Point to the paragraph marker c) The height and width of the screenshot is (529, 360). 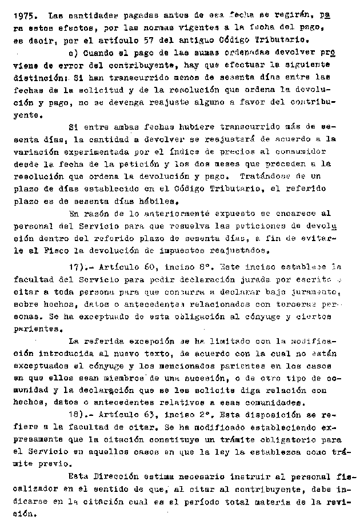coord(73,53)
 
